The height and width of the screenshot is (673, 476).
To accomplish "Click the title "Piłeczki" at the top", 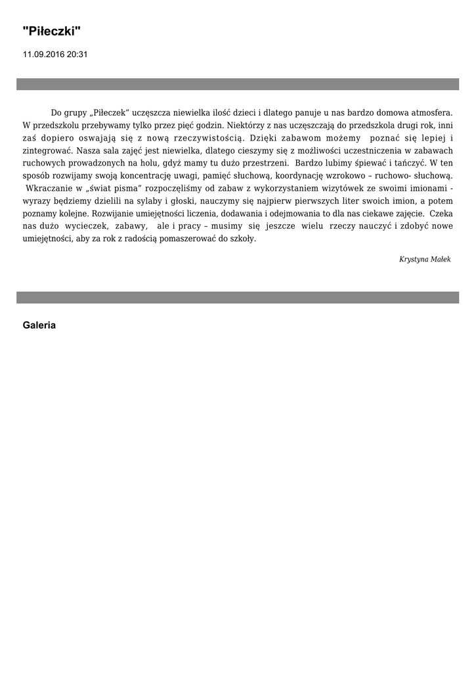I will click(52, 31).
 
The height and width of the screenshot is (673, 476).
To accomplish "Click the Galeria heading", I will click(39, 325).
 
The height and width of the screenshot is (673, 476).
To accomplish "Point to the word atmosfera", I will click(431, 113).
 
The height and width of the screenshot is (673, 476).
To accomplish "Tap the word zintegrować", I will click(47, 151).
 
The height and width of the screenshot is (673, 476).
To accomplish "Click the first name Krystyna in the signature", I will click(414, 260).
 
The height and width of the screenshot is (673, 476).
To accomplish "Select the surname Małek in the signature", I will click(441, 260).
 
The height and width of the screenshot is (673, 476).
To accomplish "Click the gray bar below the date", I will click(238, 84).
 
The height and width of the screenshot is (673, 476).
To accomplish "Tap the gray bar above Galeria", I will click(238, 298).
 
